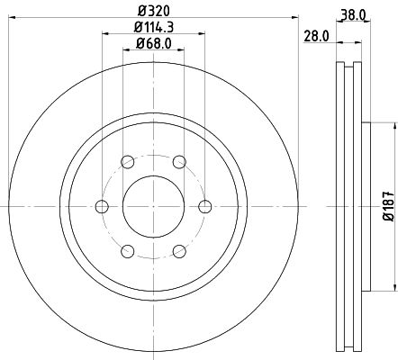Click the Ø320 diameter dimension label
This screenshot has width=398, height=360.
coord(154,12)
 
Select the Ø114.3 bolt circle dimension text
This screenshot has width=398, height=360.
coord(154,28)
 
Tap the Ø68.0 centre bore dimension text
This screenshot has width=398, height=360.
coord(154,44)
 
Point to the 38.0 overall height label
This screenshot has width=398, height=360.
coord(353,14)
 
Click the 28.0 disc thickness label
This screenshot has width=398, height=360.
coord(316,36)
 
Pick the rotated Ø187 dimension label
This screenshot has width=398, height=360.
coord(389,206)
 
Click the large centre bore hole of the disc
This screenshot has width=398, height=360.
coord(153,206)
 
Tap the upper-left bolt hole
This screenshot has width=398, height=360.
coord(128,162)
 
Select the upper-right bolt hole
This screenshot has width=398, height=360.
coord(179,162)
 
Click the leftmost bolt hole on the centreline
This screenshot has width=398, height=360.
coord(102,206)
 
